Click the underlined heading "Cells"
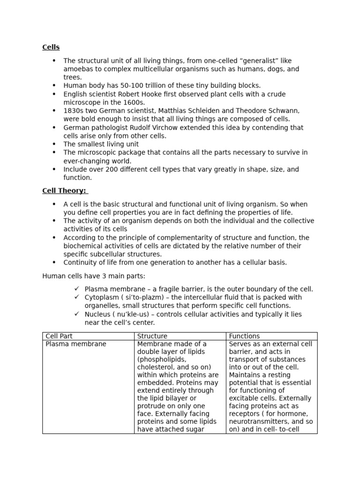[x=51, y=47]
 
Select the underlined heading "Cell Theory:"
[x=65, y=191]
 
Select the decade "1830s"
[x=73, y=111]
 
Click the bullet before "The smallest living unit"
[x=54, y=144]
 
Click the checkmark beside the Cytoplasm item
[x=77, y=297]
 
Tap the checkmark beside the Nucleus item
[x=77, y=314]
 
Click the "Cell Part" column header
[x=59, y=336]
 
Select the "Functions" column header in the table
[x=244, y=336]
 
